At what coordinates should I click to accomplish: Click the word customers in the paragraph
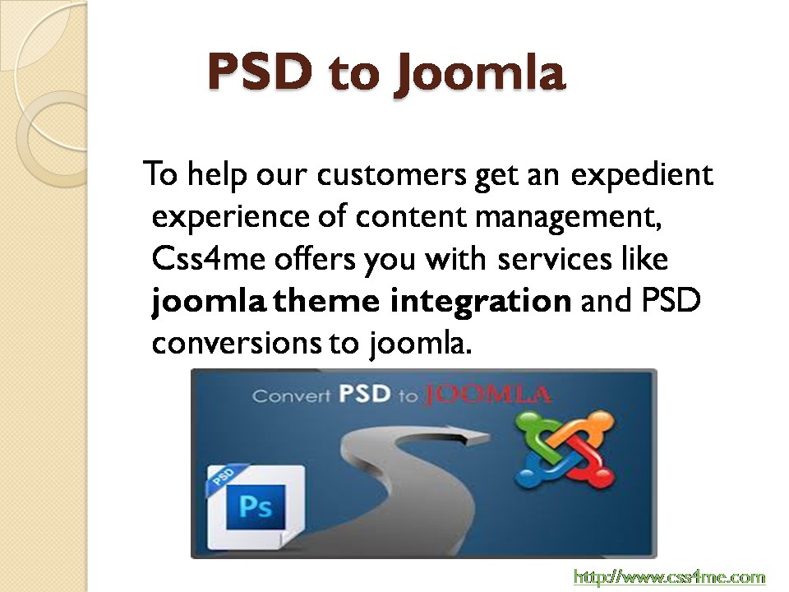[391, 174]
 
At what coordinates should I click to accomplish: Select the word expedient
[642, 176]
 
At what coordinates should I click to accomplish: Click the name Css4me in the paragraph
[208, 258]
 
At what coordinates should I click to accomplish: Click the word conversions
[237, 344]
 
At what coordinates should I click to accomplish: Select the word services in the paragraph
[554, 259]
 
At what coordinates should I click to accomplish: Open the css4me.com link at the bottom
[669, 576]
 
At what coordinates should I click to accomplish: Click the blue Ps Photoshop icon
[256, 507]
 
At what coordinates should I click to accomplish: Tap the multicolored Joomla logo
[565, 450]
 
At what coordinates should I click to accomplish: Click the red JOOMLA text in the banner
[487, 395]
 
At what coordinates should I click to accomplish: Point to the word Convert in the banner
[291, 395]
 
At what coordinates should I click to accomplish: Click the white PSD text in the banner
[364, 394]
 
